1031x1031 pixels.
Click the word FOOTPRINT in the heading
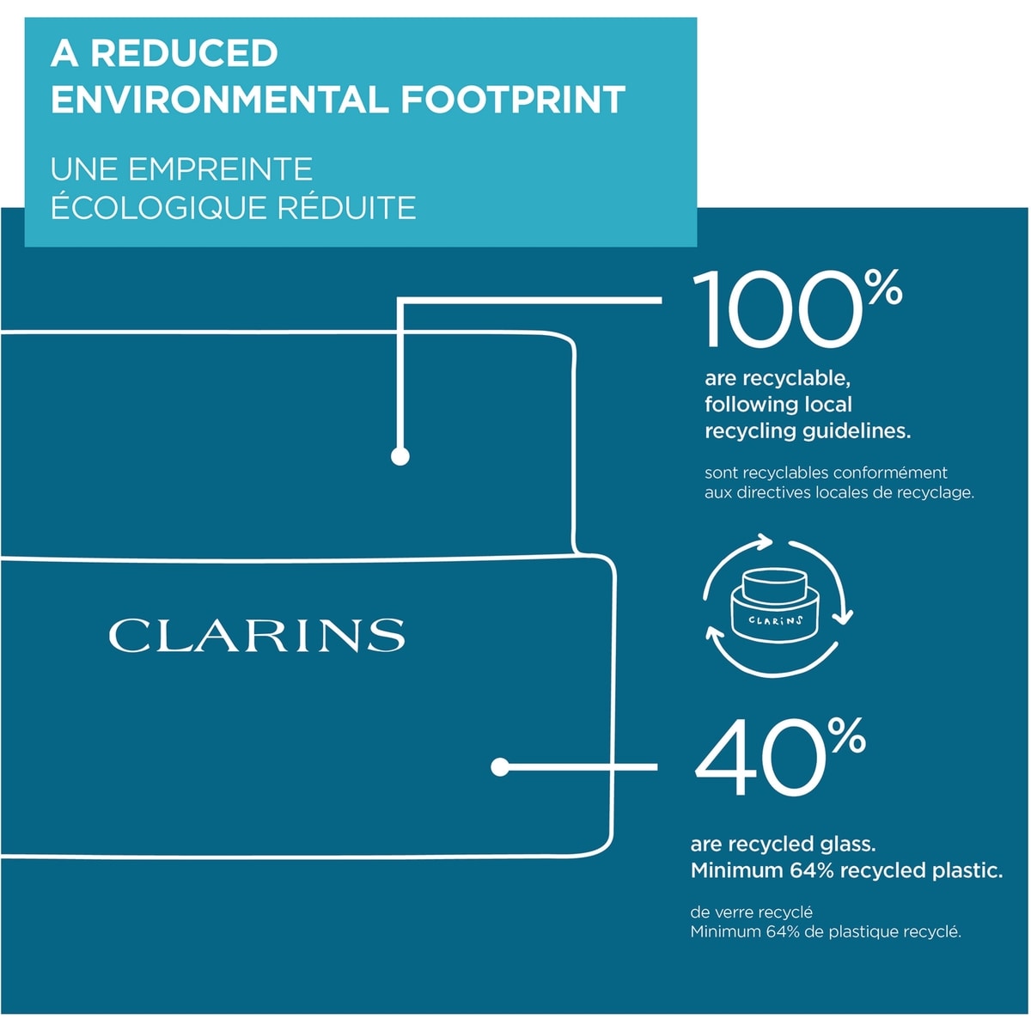(513, 99)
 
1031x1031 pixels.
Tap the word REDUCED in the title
(184, 53)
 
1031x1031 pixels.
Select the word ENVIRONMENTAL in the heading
(220, 99)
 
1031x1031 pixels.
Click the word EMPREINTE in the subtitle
(220, 169)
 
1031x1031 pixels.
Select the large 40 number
(760, 757)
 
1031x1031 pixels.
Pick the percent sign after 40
(848, 735)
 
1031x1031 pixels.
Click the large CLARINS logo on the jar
(257, 635)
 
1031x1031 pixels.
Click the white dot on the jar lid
(400, 456)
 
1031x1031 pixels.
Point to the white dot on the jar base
(500, 767)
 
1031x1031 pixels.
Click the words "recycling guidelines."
(808, 431)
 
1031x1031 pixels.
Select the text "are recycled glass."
(783, 844)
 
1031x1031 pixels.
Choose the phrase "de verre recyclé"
(751, 912)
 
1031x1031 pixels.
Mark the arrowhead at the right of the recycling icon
(845, 617)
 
